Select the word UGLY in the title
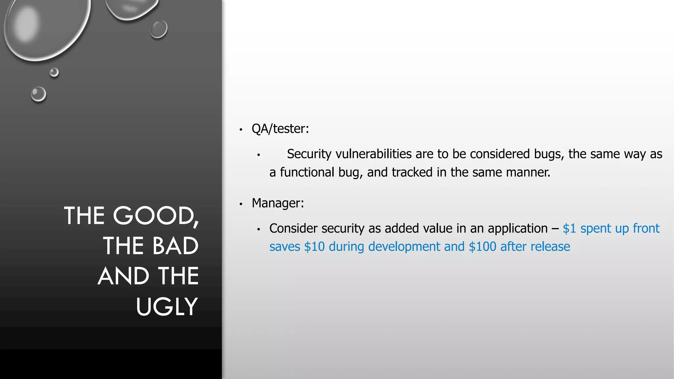pos(167,307)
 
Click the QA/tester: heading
pos(280,129)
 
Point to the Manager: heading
pos(278,203)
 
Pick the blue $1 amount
pos(569,228)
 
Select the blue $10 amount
pos(314,247)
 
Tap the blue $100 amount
pos(482,247)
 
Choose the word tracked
pos(412,172)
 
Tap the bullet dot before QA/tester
pos(241,130)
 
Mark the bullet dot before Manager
pos(241,204)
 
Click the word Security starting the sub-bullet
pos(309,154)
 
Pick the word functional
pos(307,172)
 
